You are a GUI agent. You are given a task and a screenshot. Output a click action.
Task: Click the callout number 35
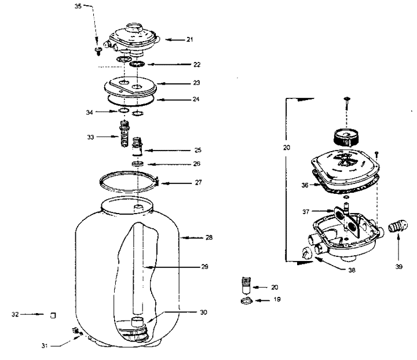click(x=78, y=6)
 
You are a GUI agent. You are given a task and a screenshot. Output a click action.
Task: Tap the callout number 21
click(x=189, y=39)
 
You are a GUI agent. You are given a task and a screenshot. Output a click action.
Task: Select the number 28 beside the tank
click(x=209, y=237)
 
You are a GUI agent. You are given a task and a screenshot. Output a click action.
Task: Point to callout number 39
click(x=398, y=267)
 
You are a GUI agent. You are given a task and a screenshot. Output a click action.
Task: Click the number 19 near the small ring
click(x=277, y=299)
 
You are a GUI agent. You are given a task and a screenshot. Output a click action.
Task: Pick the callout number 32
click(x=15, y=314)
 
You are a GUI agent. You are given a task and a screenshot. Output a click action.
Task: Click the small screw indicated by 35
click(x=99, y=50)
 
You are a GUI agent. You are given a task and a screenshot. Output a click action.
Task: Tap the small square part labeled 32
click(x=53, y=315)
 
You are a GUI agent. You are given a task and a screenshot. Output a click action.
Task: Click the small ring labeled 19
click(x=246, y=301)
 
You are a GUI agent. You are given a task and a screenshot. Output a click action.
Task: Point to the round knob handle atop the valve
click(x=345, y=137)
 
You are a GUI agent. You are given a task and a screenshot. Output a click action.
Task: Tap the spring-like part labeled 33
click(x=124, y=133)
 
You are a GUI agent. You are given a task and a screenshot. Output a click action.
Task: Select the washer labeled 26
click(x=138, y=163)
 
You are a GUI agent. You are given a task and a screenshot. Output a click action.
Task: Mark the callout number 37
click(x=306, y=212)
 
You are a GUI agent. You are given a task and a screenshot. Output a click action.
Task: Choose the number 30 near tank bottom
click(x=203, y=313)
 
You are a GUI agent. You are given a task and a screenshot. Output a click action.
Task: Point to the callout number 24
click(x=196, y=100)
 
